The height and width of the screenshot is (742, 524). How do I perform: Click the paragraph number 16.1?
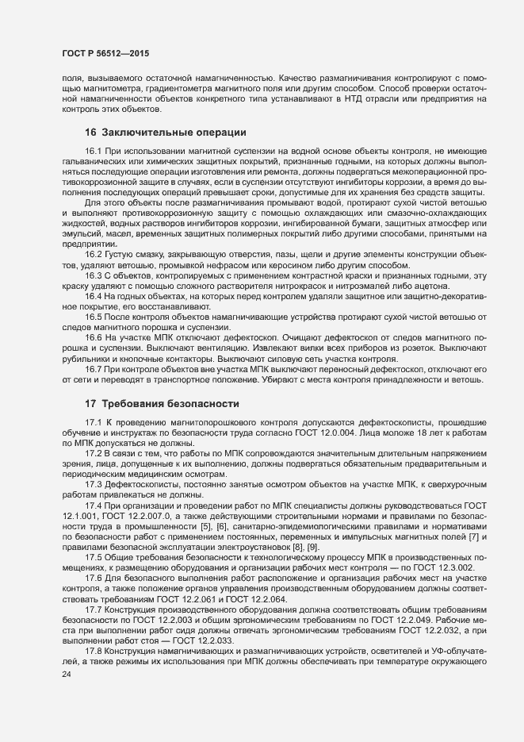[94, 150]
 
